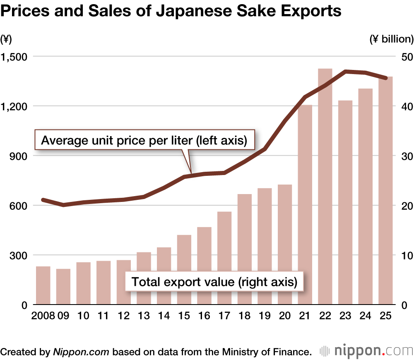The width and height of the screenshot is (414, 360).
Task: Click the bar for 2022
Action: (325, 186)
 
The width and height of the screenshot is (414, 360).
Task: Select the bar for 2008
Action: (43, 286)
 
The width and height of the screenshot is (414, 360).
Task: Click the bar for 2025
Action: (385, 190)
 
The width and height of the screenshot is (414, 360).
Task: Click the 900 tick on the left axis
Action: (18, 156)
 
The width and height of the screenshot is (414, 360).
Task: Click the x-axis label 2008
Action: (43, 316)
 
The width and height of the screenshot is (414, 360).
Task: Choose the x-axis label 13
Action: (144, 316)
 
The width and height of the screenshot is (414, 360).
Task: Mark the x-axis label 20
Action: (285, 316)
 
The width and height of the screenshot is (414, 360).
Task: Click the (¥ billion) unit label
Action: (391, 39)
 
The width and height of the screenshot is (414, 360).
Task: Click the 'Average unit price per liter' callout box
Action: (144, 141)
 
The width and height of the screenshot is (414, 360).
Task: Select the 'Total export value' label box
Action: (214, 282)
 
